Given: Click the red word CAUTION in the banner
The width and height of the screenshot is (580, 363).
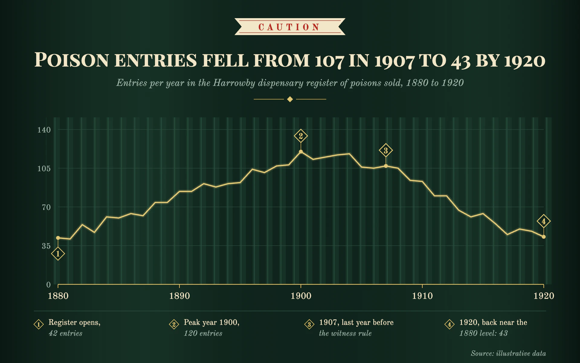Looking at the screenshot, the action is (289, 27).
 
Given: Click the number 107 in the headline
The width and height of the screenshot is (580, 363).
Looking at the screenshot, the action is (329, 61).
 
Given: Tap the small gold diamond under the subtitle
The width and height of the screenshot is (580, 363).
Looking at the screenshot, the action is (290, 99).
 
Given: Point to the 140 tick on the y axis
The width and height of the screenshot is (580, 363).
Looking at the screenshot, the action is (44, 130).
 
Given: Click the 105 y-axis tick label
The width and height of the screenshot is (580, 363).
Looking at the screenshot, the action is (44, 168).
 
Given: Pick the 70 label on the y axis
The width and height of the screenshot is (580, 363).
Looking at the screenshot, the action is (46, 207).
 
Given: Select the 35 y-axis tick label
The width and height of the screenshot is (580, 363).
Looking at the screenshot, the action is (46, 246).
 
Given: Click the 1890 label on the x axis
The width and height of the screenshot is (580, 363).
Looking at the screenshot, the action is (179, 296).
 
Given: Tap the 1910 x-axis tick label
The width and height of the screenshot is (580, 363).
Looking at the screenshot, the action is (422, 296).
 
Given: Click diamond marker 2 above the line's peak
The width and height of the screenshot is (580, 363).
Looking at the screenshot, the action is (301, 136).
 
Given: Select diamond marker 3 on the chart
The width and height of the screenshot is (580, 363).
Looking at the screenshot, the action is (386, 150).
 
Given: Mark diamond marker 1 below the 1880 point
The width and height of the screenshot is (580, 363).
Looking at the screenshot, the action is (58, 253).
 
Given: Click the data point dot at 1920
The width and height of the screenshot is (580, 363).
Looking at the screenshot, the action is (544, 237).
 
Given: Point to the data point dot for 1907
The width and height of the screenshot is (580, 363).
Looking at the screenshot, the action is (386, 166).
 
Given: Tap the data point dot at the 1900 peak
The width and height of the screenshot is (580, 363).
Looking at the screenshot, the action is (301, 152).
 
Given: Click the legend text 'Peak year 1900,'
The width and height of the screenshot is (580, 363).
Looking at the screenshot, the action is (211, 322).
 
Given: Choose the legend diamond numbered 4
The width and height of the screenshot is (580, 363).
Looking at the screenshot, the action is (449, 325).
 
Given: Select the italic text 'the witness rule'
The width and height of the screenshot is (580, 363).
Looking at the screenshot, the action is (345, 333).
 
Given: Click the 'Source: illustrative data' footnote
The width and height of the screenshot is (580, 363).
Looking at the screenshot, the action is (508, 353).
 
